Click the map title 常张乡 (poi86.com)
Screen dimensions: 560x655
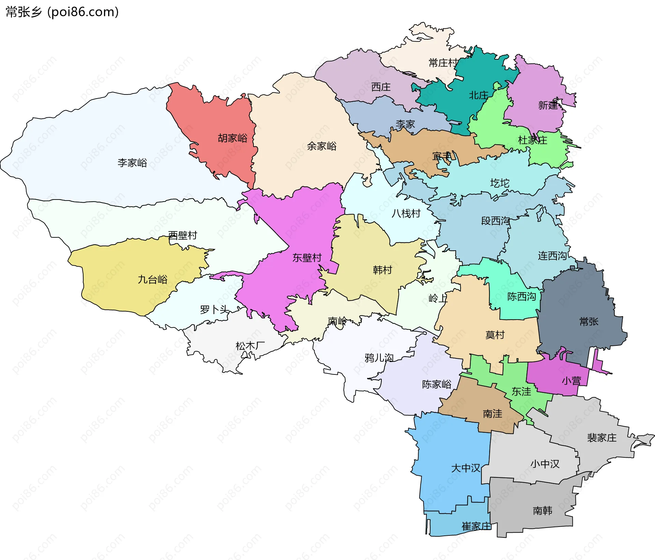[62, 12]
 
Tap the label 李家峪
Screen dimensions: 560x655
[132, 163]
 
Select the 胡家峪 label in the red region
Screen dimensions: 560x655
[233, 138]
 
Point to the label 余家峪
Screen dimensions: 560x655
[322, 146]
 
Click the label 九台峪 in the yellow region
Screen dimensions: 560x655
[152, 280]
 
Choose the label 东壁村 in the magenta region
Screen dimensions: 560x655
[307, 257]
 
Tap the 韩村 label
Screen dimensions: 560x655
[382, 270]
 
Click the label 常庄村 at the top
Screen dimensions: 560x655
[443, 63]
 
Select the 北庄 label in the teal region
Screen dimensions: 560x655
[478, 95]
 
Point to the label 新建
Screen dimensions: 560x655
[548, 105]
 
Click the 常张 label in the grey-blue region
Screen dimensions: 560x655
[589, 322]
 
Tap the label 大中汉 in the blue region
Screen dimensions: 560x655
[465, 468]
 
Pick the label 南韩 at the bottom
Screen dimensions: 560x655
[542, 511]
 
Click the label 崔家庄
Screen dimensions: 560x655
[477, 526]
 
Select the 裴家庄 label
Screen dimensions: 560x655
[602, 438]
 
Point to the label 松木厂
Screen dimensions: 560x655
[250, 346]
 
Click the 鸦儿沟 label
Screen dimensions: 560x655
[379, 358]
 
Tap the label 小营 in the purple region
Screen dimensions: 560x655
[571, 381]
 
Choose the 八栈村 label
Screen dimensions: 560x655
[406, 213]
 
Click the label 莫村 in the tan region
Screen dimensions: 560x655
[495, 335]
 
